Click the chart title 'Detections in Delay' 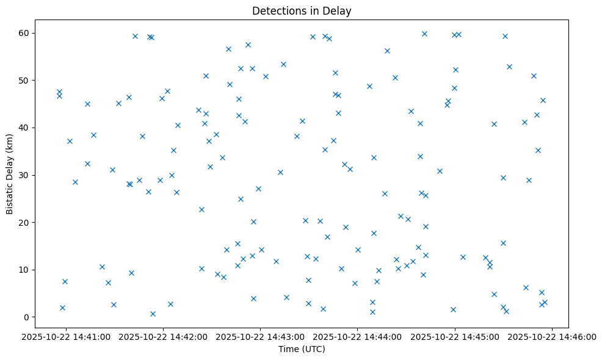tap(302, 11)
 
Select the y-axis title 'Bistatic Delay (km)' tap(10, 174)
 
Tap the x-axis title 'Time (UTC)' tap(302, 349)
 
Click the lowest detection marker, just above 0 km tap(153, 314)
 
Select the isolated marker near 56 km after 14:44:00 tap(387, 51)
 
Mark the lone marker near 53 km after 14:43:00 tap(283, 64)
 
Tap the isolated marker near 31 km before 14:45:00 tap(440, 171)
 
